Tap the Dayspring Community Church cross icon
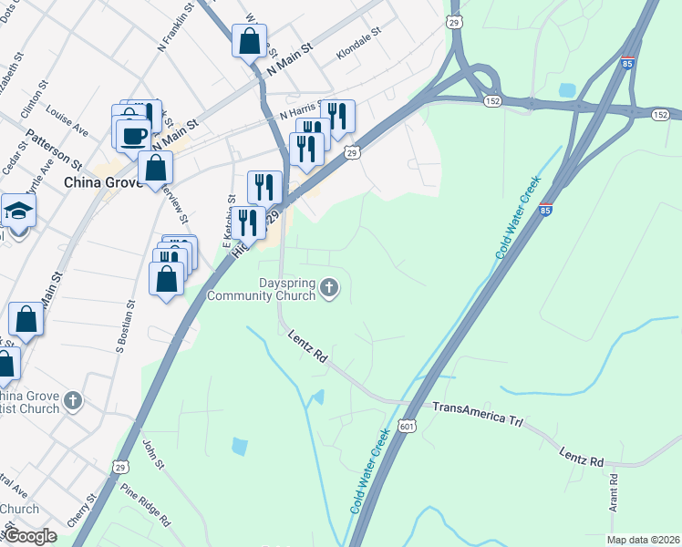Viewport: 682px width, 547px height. click(330, 290)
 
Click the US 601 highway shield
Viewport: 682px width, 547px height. click(408, 427)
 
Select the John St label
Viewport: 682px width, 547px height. click(152, 455)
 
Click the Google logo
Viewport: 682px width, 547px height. click(30, 535)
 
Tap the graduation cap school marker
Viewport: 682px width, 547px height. click(18, 212)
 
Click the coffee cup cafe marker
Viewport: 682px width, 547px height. click(133, 135)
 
